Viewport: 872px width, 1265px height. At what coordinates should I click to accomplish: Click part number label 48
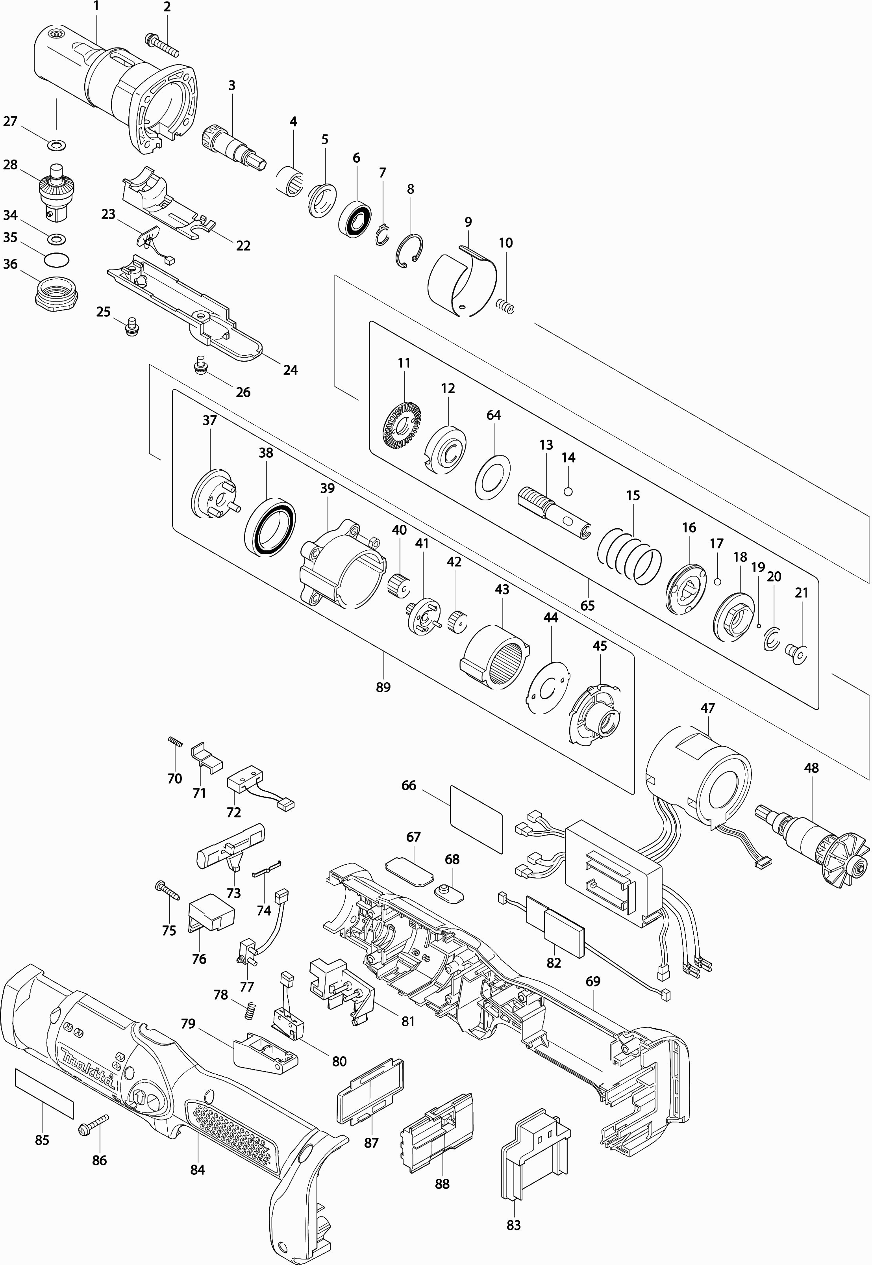(x=811, y=768)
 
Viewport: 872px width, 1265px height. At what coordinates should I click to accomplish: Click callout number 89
(x=383, y=687)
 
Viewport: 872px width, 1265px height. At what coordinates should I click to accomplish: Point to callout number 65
(x=587, y=606)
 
